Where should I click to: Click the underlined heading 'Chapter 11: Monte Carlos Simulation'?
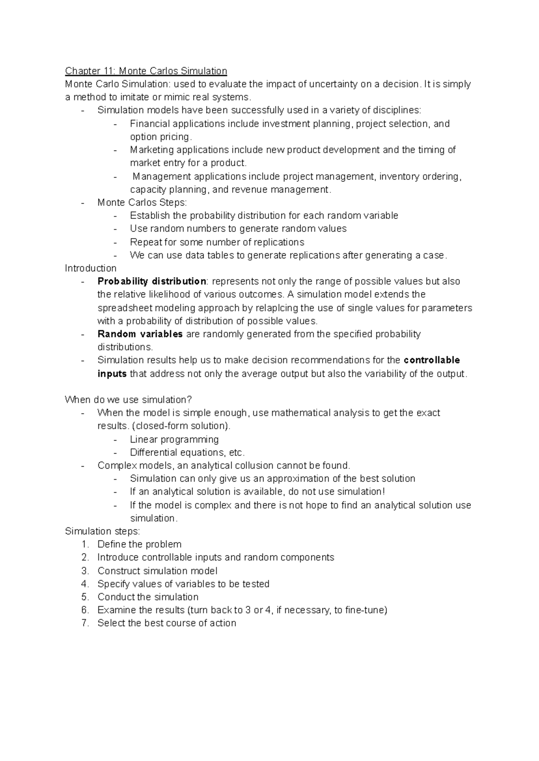coord(146,71)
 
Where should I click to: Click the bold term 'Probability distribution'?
coord(151,281)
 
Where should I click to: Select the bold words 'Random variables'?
coord(140,334)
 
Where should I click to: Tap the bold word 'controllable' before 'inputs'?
coord(432,360)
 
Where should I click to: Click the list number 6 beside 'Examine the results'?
coord(85,610)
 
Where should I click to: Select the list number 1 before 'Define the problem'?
coord(85,544)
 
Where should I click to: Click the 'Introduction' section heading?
coord(90,268)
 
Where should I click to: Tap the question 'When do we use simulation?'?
coord(128,400)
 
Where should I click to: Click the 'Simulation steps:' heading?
coord(102,531)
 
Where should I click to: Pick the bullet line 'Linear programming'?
coord(174,439)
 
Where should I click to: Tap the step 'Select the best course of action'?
coord(167,623)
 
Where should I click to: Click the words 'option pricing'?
coord(160,137)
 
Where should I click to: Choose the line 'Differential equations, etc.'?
coord(187,452)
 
